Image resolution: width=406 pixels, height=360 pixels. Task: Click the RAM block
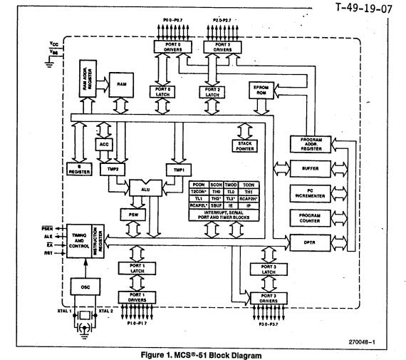122,84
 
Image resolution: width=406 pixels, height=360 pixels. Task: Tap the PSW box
132,214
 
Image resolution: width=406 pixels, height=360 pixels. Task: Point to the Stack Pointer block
245,148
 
